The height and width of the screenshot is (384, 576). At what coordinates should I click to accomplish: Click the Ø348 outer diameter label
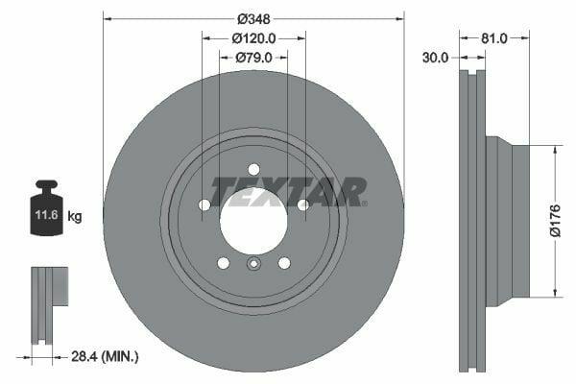point(253,19)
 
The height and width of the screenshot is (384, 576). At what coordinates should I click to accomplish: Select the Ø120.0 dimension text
point(253,38)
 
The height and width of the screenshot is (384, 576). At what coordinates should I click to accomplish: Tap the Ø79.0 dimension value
point(253,58)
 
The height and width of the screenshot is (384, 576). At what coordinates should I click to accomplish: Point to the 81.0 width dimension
point(494,38)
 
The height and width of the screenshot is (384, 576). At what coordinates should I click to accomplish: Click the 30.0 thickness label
point(435,58)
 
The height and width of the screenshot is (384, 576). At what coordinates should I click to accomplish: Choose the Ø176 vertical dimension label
point(556,221)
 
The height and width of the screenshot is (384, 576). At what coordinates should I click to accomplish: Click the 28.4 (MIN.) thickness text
point(105,356)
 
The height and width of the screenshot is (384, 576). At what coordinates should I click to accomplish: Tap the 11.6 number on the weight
point(47,215)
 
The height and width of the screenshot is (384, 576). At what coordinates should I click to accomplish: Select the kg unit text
point(75,216)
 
